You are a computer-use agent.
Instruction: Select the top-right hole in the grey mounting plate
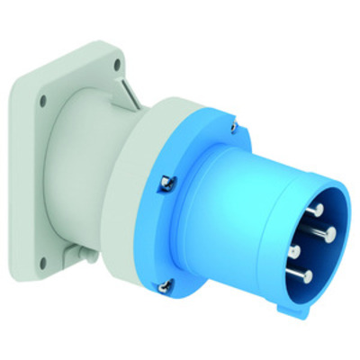pos(117,64)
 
